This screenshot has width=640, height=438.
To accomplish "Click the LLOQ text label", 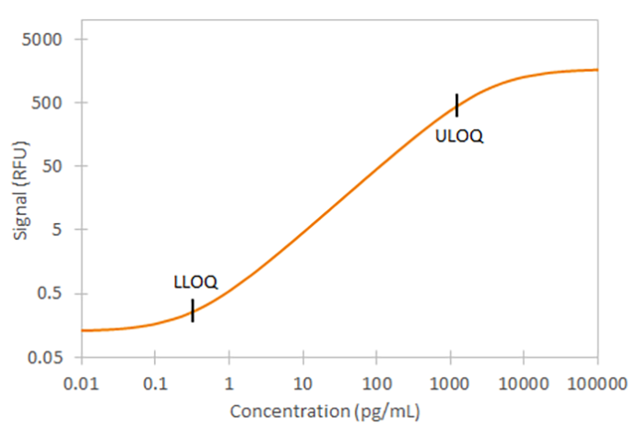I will pyautogui.click(x=196, y=282).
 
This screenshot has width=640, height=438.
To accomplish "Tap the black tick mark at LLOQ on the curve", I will pyautogui.click(x=192, y=311).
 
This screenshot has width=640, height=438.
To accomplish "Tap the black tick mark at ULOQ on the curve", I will pyautogui.click(x=456, y=105).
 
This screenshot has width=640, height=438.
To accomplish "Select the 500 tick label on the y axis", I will pyautogui.click(x=53, y=103).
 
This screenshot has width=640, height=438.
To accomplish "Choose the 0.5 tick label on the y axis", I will pyautogui.click(x=54, y=294).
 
